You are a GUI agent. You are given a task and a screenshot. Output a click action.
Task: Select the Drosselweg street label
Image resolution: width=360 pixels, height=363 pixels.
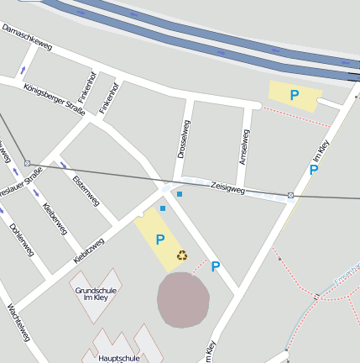click(184, 139)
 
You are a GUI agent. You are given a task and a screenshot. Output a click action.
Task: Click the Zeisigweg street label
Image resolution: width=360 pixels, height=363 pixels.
click(227, 190)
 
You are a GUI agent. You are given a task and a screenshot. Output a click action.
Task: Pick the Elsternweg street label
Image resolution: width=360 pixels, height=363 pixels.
click(86, 191)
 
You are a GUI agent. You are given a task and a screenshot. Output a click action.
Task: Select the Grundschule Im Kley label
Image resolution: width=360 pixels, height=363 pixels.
click(96, 294)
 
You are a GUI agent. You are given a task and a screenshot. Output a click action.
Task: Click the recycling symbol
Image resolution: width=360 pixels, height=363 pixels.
click(181, 255)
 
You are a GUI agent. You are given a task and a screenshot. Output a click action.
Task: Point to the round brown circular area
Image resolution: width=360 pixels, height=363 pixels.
click(183, 299)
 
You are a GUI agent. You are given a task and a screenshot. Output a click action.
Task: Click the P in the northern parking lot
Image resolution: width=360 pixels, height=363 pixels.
click(294, 96)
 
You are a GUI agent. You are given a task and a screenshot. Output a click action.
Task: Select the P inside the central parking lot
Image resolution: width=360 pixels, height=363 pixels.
click(159, 240)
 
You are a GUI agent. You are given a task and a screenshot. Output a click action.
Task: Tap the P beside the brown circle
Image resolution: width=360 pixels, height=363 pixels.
click(216, 267)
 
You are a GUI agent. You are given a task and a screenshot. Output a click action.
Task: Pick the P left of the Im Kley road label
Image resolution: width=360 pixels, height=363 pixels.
click(313, 170)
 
